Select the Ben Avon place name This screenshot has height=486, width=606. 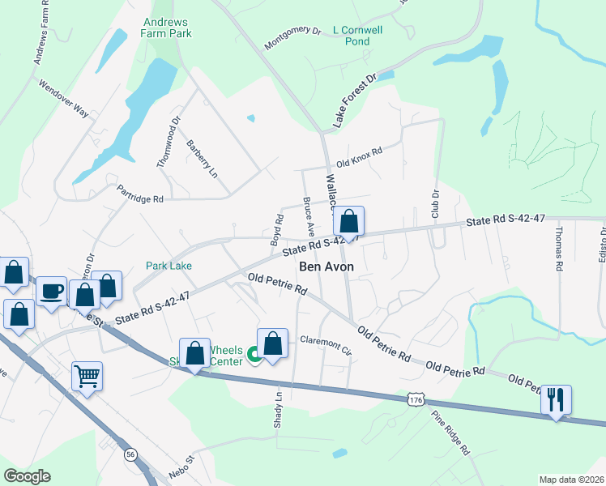tap(326, 266)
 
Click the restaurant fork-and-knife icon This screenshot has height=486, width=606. tap(556, 399)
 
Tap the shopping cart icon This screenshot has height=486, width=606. tap(87, 375)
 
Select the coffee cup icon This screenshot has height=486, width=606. tap(52, 291)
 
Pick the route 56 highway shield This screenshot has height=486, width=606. tap(130, 454)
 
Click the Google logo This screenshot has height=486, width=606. tap(28, 475)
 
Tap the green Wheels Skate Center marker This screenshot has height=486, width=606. tap(253, 354)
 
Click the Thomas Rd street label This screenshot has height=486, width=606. tap(558, 249)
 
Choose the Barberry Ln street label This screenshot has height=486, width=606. tap(203, 159)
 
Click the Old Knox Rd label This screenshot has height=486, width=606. tap(358, 156)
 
